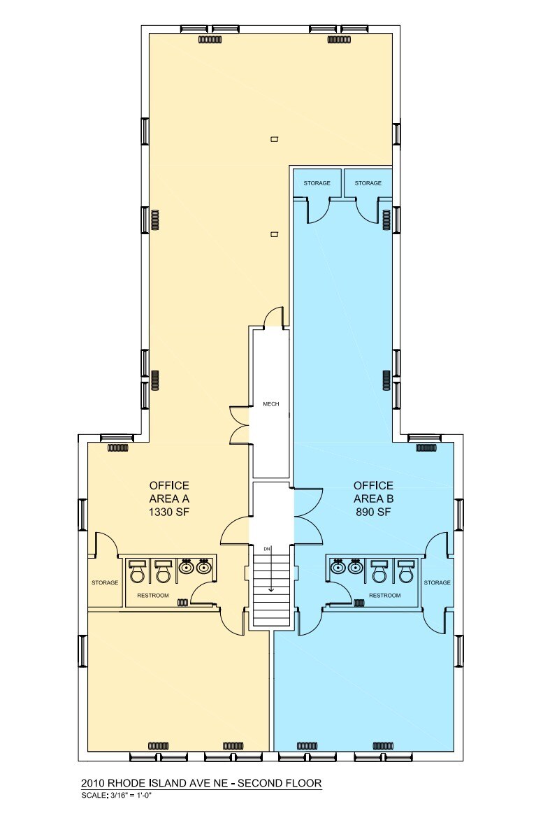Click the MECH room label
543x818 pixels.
point(271,404)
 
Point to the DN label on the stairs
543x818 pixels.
point(266,549)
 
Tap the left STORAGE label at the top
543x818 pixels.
point(317,183)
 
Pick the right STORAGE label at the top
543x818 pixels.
point(368,183)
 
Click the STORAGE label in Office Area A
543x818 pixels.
point(104,582)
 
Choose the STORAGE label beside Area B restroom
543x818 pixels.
point(437,582)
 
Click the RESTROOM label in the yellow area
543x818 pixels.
point(152,595)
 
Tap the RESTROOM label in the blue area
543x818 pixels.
point(384,595)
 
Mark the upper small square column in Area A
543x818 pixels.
point(275,138)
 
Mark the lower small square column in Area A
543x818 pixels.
point(275,234)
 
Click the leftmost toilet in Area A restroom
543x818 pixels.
point(138,571)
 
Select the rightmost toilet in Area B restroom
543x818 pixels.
point(405,571)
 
